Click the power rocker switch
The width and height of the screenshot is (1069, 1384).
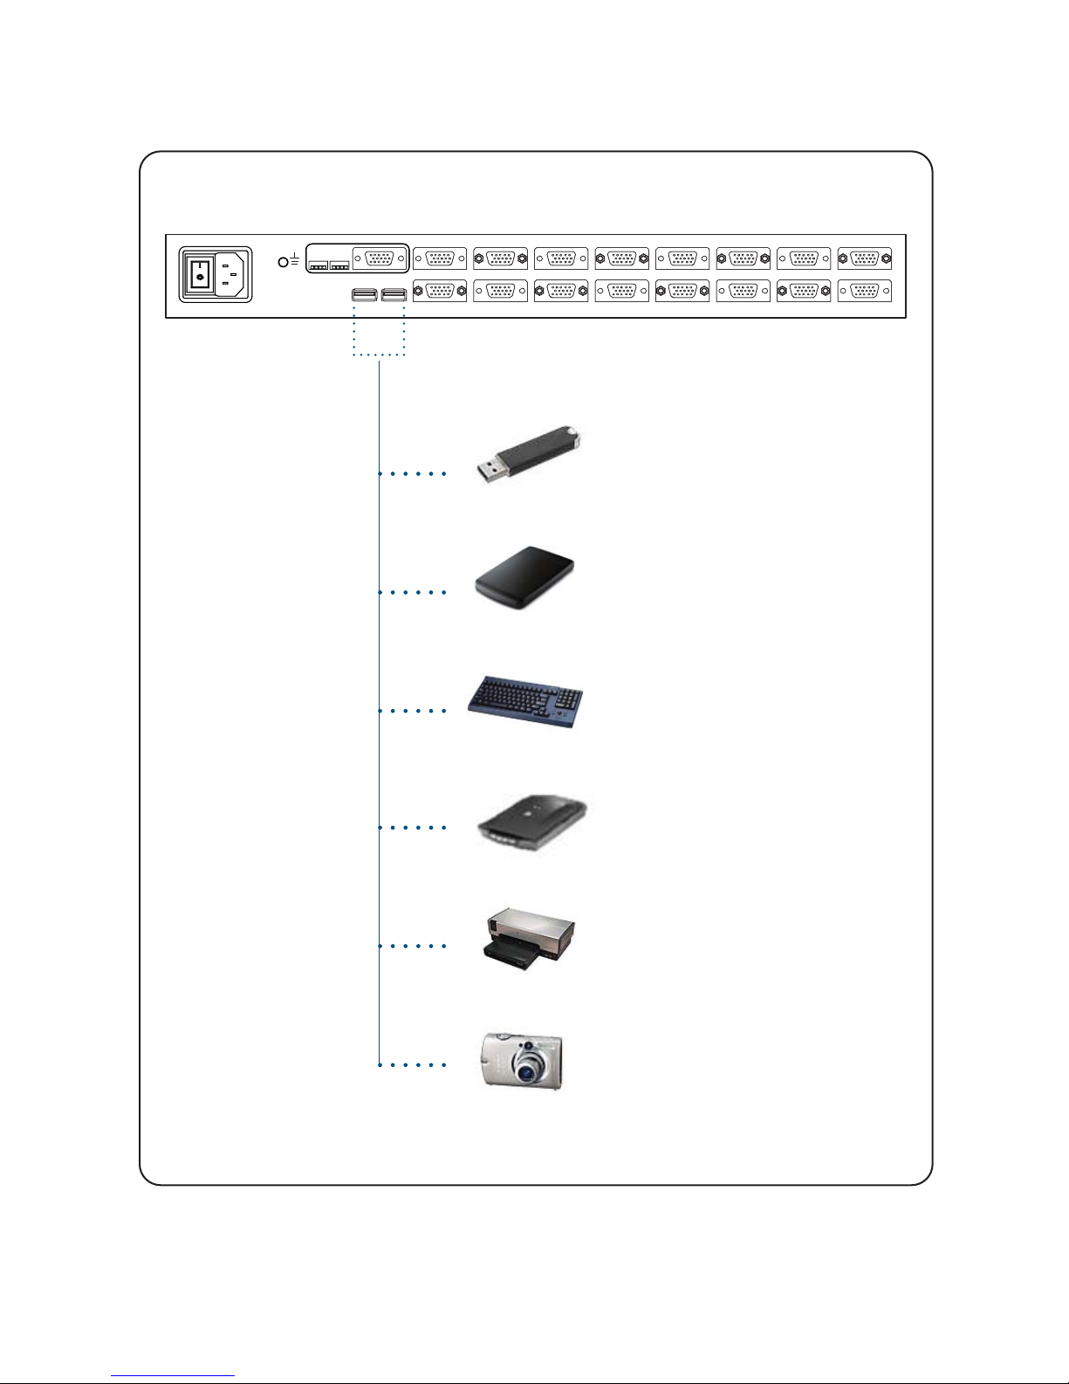(200, 276)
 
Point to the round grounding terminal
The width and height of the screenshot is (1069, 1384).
(283, 262)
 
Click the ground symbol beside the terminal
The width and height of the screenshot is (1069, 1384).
(295, 259)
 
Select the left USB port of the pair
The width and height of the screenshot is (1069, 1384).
(365, 294)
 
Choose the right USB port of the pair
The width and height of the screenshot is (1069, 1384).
(394, 294)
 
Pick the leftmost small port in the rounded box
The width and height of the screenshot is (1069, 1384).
(319, 265)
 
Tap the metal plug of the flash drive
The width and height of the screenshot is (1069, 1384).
(490, 472)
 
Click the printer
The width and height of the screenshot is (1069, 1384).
(529, 938)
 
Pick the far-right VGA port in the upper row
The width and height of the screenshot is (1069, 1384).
(864, 258)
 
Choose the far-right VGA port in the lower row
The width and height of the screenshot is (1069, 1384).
(864, 291)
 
